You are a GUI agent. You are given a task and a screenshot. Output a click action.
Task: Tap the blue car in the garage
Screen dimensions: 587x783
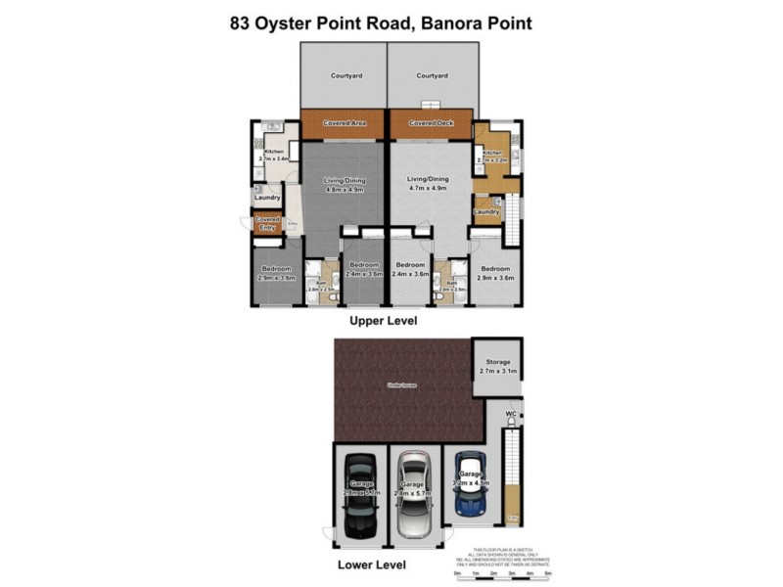pyautogui.click(x=471, y=484)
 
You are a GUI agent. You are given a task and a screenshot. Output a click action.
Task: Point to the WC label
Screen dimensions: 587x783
pyautogui.click(x=510, y=415)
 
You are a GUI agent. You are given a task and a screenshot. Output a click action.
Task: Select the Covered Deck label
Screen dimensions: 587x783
pyautogui.click(x=431, y=123)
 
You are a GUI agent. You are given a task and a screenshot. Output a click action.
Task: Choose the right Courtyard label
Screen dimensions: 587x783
pyautogui.click(x=431, y=75)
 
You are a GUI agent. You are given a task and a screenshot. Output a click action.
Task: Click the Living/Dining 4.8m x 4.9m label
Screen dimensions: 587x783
pyautogui.click(x=344, y=184)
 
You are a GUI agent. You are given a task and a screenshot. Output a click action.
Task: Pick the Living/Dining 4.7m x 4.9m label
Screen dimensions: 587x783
pyautogui.click(x=430, y=184)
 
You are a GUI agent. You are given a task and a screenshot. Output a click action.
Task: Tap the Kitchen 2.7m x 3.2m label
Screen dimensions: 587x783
pyautogui.click(x=490, y=156)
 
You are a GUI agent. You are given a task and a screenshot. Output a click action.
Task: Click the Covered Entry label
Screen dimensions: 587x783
pyautogui.click(x=267, y=224)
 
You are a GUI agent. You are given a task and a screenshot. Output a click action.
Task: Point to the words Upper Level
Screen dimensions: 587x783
pyautogui.click(x=384, y=320)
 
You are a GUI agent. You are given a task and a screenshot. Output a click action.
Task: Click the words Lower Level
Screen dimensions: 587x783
pyautogui.click(x=371, y=564)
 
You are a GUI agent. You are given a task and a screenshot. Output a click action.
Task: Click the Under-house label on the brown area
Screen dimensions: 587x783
pyautogui.click(x=403, y=387)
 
